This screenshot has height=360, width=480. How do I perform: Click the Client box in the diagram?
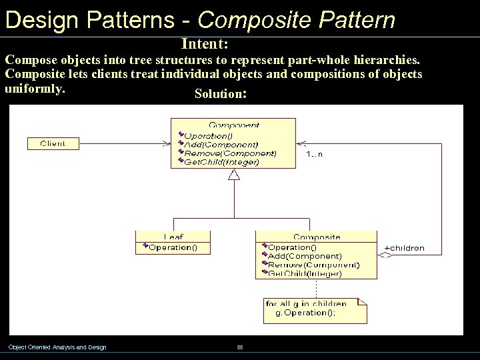coord(53,143)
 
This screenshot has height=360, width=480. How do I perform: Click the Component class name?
coord(233,125)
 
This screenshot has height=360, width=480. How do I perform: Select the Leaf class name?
coord(173,237)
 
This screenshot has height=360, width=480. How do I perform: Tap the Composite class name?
coord(317,237)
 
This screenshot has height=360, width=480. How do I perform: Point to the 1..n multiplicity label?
coord(314,154)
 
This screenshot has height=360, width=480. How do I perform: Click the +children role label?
coord(405,248)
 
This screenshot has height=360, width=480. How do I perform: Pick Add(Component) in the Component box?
coord(221,145)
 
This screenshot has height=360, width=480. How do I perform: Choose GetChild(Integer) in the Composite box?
coord(305,273)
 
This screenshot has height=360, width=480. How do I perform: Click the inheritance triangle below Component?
coord(233,175)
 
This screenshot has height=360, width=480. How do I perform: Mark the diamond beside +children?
coord(385,254)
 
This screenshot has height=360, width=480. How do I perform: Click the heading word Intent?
coord(205,44)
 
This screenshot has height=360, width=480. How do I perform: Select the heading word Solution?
coord(221,94)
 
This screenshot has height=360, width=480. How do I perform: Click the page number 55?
coord(240,347)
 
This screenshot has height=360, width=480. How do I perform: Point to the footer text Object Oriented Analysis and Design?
coord(57,347)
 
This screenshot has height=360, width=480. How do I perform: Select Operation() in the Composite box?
coord(293,247)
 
